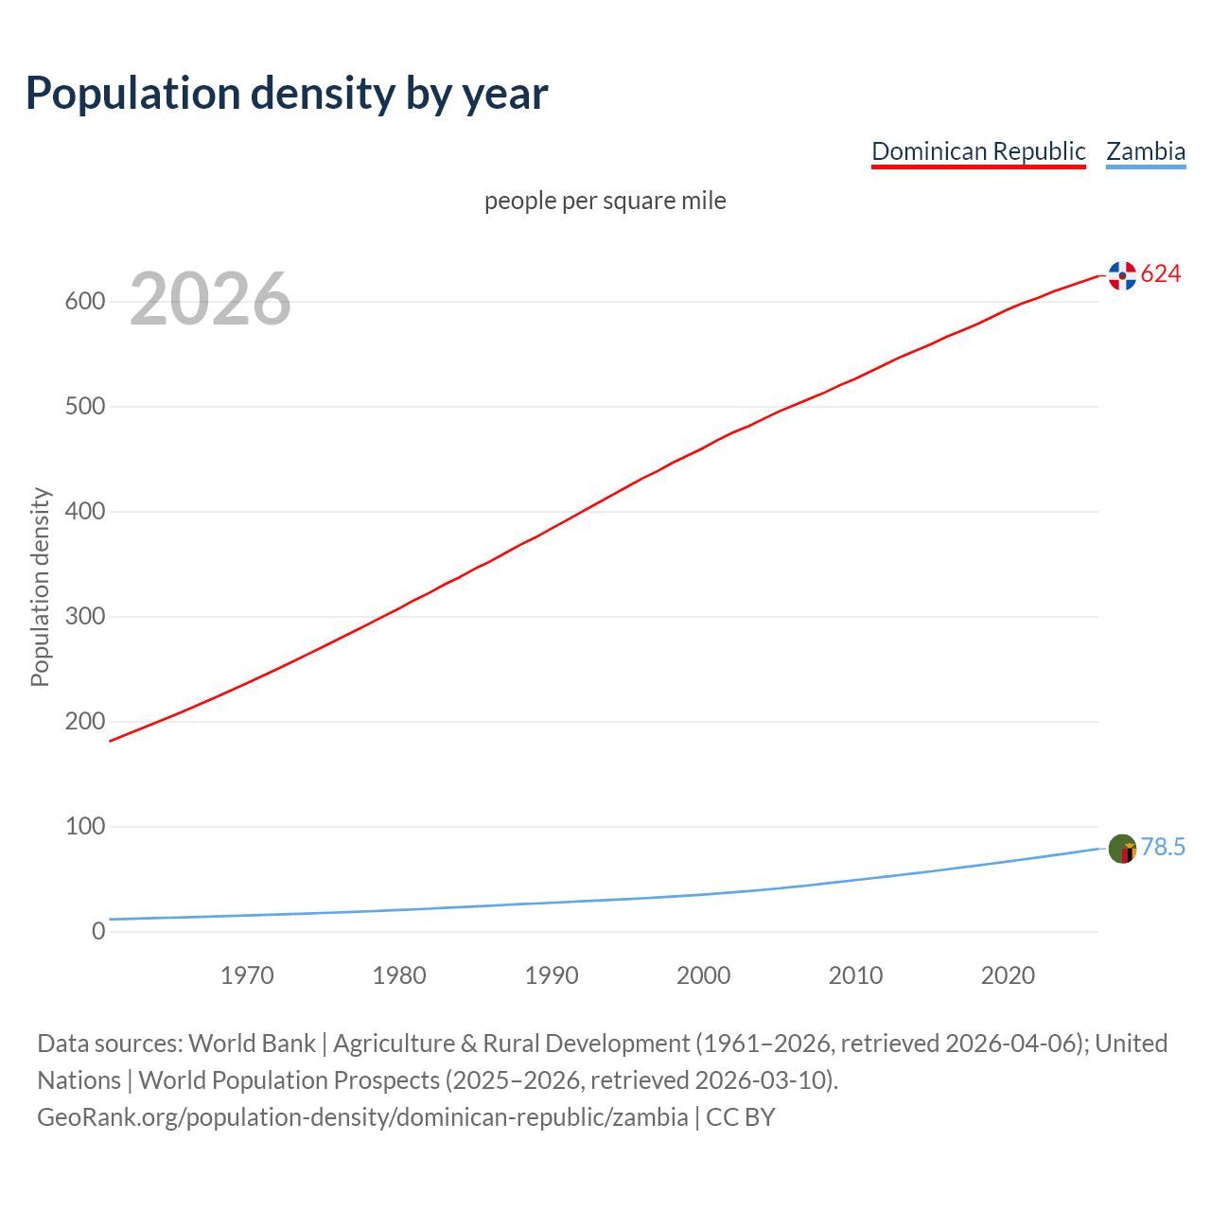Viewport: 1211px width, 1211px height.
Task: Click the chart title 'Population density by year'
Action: (x=287, y=94)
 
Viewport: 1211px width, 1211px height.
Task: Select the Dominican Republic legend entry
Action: (x=978, y=151)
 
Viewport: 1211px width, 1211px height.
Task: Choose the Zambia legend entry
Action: (x=1146, y=151)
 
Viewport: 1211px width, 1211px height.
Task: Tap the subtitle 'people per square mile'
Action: (x=605, y=202)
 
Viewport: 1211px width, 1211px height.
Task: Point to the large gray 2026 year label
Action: (x=210, y=300)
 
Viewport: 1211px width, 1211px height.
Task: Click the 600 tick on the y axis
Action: (x=84, y=302)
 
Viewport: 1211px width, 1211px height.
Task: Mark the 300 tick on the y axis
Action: (x=84, y=617)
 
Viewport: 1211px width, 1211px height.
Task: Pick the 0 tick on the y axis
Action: (x=98, y=932)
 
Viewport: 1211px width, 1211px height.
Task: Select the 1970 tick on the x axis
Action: (x=247, y=975)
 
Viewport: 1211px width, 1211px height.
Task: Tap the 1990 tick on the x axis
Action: (x=552, y=975)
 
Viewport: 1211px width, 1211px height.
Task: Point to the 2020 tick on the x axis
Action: (x=1008, y=975)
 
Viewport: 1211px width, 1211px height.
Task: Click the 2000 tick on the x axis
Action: (x=704, y=975)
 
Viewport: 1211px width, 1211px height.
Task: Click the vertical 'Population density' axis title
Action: (x=40, y=587)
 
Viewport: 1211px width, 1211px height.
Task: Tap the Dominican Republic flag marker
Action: (x=1122, y=275)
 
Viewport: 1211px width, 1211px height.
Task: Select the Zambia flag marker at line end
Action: (x=1122, y=849)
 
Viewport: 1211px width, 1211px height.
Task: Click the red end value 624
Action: (x=1161, y=274)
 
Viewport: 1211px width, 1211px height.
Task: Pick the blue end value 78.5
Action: (x=1163, y=848)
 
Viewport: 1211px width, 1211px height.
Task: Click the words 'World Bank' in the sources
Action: (x=252, y=1044)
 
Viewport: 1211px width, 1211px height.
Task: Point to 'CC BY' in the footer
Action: (x=741, y=1117)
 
